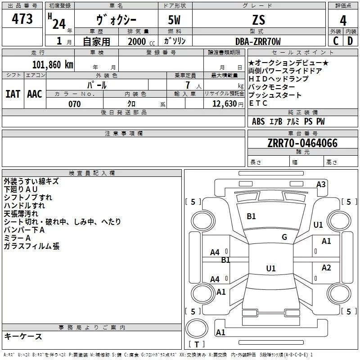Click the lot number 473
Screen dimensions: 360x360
click(22, 18)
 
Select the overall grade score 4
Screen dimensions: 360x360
click(343, 20)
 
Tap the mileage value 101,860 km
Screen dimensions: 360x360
click(53, 65)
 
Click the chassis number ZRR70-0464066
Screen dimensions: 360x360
click(302, 143)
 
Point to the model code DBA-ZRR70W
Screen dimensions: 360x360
click(258, 41)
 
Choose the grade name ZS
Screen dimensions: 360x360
click(258, 20)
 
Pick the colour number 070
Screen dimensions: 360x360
click(75, 104)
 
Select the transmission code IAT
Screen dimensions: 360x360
click(13, 94)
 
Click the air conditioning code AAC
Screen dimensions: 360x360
click(35, 94)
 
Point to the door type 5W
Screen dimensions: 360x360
click(174, 20)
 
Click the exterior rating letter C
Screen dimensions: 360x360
click(336, 41)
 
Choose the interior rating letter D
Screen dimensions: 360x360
click(350, 41)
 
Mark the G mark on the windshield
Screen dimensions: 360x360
click(284, 237)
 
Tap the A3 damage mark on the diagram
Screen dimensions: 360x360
click(321, 184)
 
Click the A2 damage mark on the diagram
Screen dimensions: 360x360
click(326, 268)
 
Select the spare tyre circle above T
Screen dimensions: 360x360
click(197, 328)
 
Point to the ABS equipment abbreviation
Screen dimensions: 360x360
click(258, 121)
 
